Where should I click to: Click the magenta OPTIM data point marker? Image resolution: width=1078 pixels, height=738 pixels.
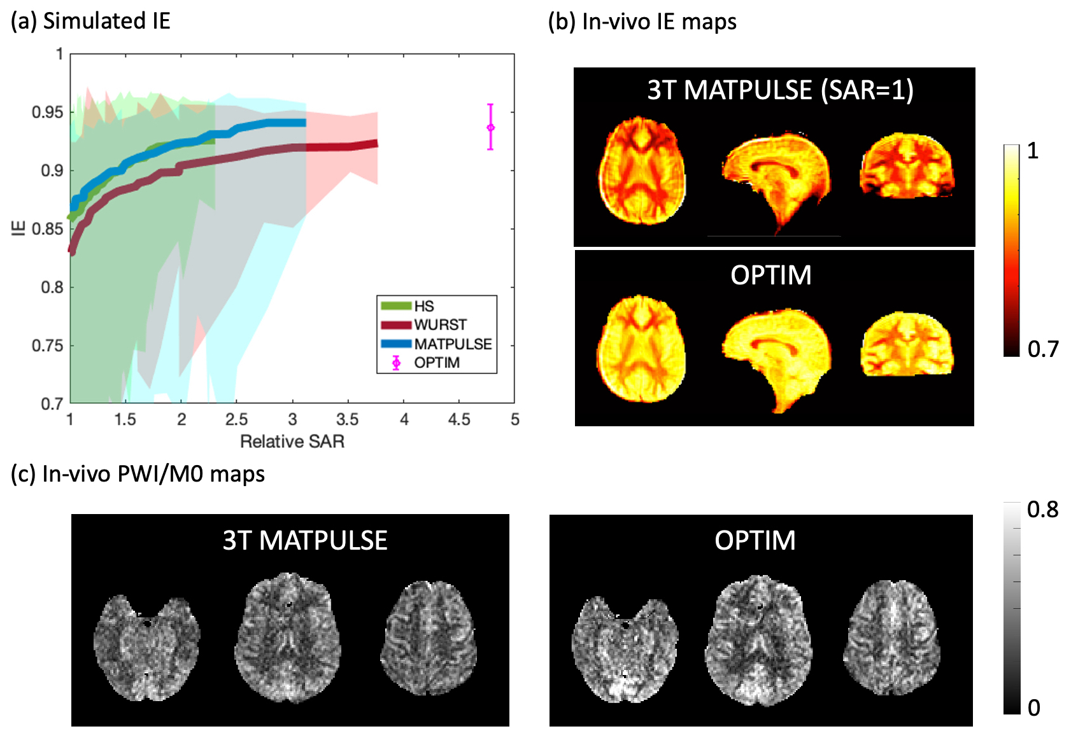(x=490, y=128)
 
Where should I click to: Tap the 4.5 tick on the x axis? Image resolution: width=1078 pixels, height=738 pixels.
(x=459, y=420)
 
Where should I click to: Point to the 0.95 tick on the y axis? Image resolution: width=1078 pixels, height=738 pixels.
(x=48, y=113)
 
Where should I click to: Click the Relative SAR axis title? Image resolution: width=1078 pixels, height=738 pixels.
(x=292, y=442)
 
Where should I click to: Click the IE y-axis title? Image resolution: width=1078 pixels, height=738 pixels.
(x=20, y=228)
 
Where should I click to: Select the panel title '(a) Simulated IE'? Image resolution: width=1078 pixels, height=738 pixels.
(x=90, y=21)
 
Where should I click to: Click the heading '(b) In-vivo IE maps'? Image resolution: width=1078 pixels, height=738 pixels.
(x=642, y=22)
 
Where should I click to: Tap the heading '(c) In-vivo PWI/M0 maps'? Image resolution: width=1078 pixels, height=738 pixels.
(x=138, y=474)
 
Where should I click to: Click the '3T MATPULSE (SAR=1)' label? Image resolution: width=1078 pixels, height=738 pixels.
(x=780, y=90)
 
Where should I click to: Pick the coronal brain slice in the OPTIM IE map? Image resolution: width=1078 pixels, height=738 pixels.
(x=907, y=344)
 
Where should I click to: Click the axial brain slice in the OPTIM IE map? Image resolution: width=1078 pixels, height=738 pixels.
(x=641, y=349)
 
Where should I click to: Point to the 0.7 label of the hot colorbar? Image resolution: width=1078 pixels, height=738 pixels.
(x=1043, y=349)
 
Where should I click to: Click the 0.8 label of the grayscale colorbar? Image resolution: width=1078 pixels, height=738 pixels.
(x=1042, y=510)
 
